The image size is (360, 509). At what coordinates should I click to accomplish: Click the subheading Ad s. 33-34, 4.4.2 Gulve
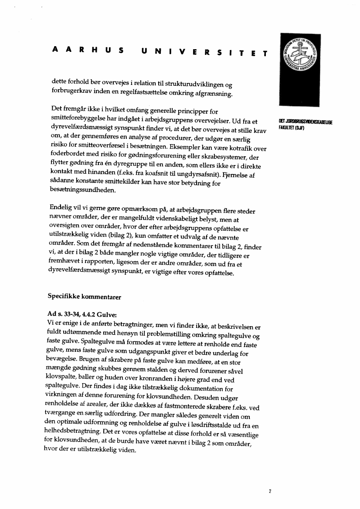(82, 314)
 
